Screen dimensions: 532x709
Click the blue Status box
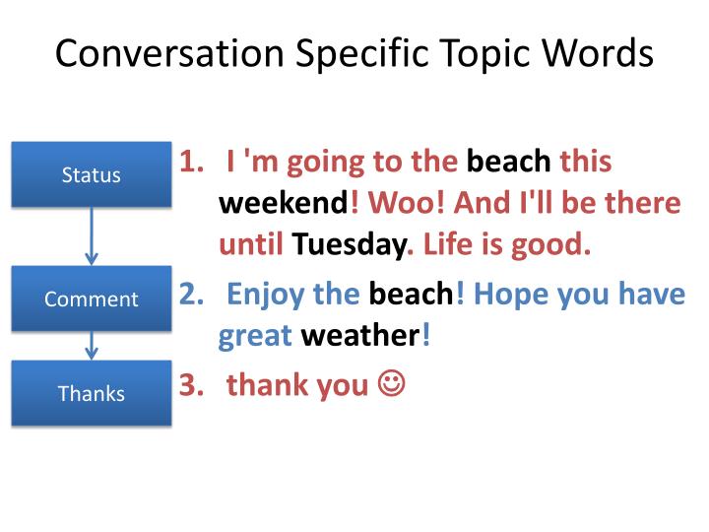click(92, 175)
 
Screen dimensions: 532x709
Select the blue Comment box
click(92, 299)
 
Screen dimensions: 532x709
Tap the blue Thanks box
click(92, 393)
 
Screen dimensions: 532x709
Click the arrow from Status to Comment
click(92, 236)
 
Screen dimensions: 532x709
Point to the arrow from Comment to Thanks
click(92, 345)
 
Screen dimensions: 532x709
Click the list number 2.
click(190, 295)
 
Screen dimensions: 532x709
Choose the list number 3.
click(190, 385)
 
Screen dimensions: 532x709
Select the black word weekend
click(283, 203)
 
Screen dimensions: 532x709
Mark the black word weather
click(360, 336)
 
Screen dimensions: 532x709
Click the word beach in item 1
click(508, 162)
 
